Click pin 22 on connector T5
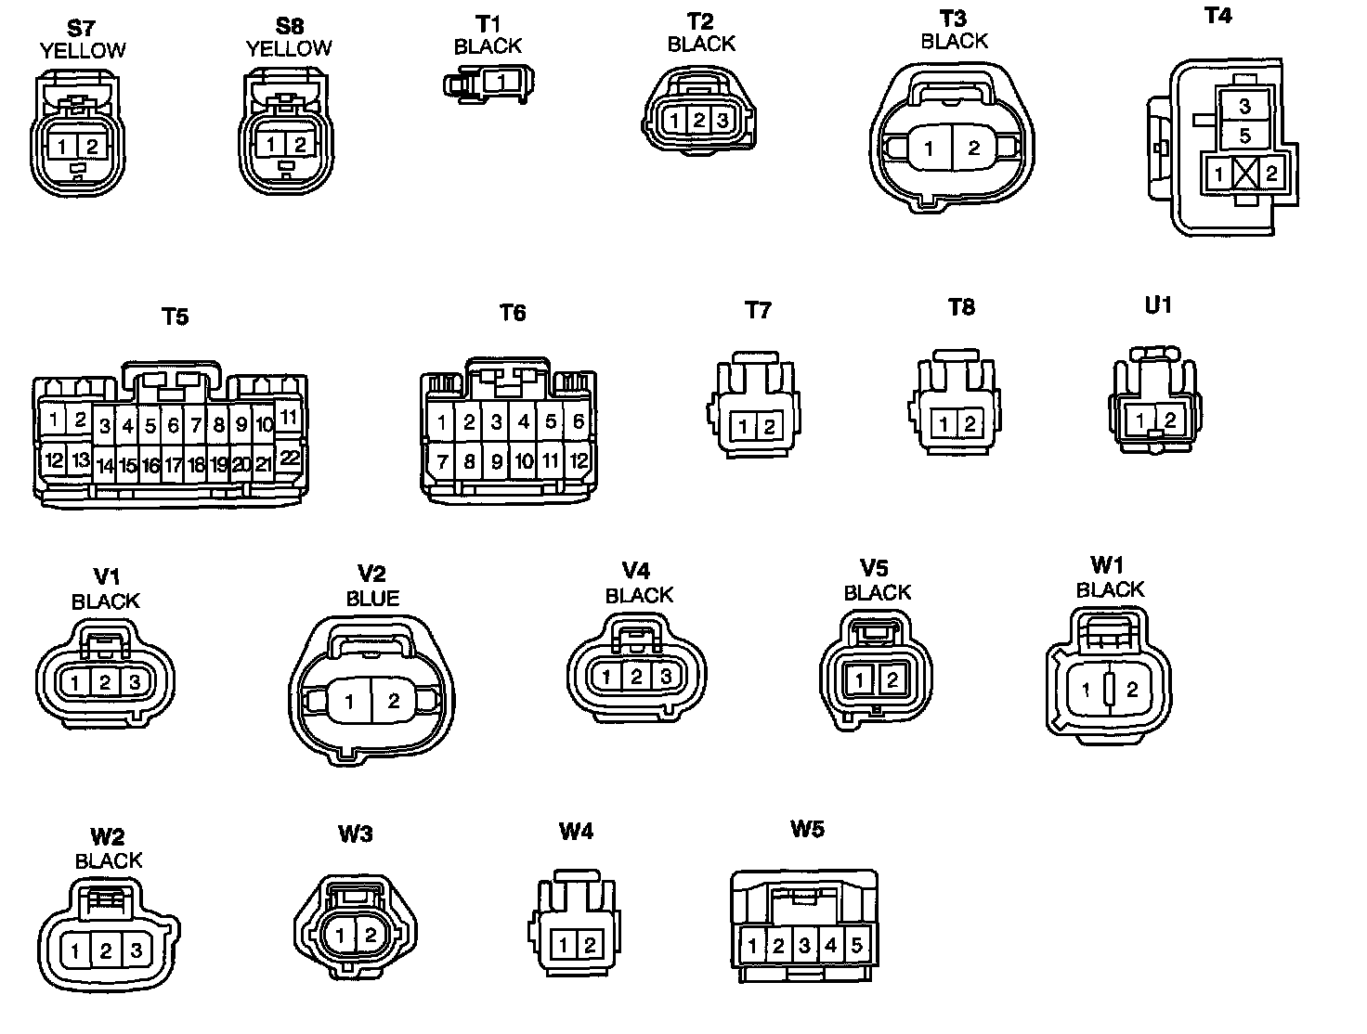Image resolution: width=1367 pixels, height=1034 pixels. click(x=290, y=457)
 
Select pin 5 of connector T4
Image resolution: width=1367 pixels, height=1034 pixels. click(x=1244, y=136)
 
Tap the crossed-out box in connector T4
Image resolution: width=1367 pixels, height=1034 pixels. click(x=1244, y=173)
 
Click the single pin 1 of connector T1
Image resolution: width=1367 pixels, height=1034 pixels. click(x=501, y=82)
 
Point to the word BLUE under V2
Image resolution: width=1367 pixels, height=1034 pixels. click(x=372, y=599)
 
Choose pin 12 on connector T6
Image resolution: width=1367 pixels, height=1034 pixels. click(x=579, y=459)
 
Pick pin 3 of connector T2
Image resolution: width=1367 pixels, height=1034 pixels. click(x=723, y=120)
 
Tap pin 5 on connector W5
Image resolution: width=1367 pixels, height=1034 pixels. click(x=856, y=946)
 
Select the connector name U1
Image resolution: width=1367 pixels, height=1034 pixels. click(x=1158, y=305)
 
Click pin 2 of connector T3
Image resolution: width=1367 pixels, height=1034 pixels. click(x=973, y=148)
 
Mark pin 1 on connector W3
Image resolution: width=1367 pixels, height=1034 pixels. click(x=341, y=935)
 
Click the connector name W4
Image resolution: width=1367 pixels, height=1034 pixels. click(x=576, y=831)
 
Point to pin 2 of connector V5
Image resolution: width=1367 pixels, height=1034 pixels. click(x=892, y=680)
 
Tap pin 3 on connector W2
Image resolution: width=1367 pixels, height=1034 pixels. click(x=136, y=950)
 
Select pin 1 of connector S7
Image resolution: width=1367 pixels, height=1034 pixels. click(x=62, y=146)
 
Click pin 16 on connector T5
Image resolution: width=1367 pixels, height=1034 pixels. click(x=150, y=465)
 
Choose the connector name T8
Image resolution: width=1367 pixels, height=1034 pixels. click(x=961, y=307)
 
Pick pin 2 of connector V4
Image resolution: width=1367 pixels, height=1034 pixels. click(x=636, y=677)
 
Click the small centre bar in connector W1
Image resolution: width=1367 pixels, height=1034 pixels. click(x=1109, y=690)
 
